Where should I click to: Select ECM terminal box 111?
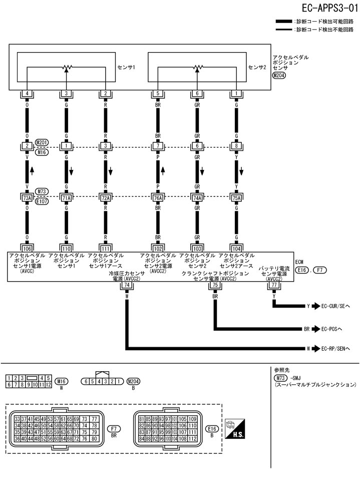[x=105, y=247]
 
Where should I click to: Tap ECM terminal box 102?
[x=158, y=247]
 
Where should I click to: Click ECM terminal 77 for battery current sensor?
[x=273, y=285]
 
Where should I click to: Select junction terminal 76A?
[x=158, y=198]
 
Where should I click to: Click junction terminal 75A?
[x=236, y=198]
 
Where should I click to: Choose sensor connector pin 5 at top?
[x=158, y=94]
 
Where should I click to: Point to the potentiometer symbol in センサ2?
[x=197, y=67]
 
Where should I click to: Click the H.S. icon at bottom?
[x=235, y=430]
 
